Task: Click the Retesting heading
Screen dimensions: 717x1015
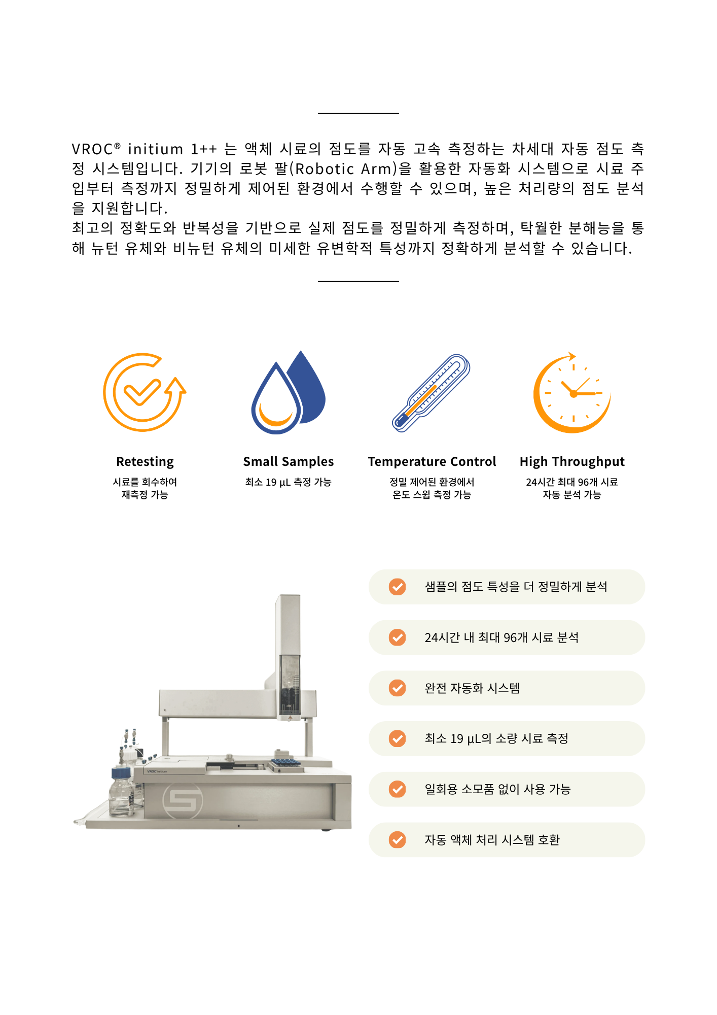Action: point(145,462)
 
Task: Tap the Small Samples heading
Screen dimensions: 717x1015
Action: point(289,462)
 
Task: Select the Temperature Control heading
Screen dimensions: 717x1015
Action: point(432,462)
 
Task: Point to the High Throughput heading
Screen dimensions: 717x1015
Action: point(572,462)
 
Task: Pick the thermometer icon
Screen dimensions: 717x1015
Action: point(432,393)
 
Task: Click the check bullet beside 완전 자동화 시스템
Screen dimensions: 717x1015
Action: point(397,688)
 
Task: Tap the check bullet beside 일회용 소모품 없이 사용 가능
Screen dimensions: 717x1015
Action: point(397,789)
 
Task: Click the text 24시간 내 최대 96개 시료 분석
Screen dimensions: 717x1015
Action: point(501,637)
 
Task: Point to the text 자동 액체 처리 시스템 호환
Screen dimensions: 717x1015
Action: point(492,840)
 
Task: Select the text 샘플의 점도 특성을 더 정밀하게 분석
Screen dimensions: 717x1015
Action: point(516,587)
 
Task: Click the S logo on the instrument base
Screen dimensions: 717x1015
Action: point(183,801)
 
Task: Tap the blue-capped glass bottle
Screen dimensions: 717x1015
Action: point(122,792)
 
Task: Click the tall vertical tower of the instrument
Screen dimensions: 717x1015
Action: point(289,655)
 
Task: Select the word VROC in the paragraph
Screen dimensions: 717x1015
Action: point(92,149)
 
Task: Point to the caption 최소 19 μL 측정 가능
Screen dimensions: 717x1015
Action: point(288,482)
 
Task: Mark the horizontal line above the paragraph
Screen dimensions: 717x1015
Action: point(358,113)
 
